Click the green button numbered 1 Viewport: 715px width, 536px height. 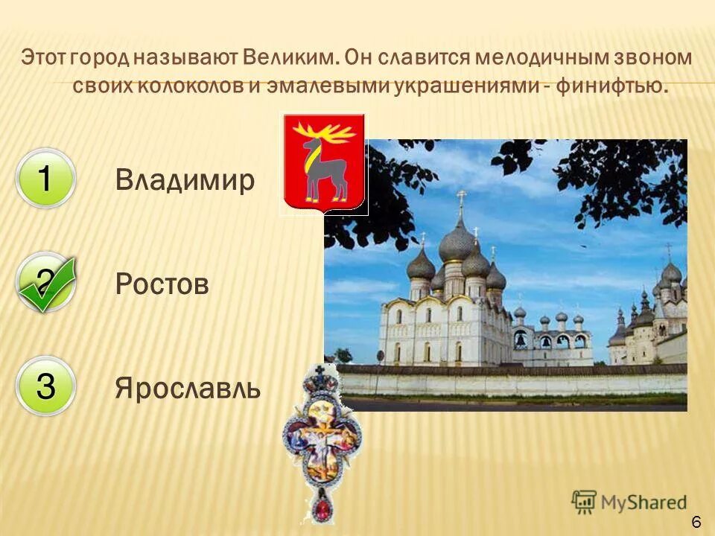[x=45, y=179]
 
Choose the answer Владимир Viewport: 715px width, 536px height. [x=185, y=180]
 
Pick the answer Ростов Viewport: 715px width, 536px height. [x=162, y=284]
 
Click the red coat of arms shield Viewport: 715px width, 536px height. [x=323, y=163]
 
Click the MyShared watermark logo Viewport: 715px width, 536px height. [x=629, y=502]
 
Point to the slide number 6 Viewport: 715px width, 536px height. [x=696, y=522]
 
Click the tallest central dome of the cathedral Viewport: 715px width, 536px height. [x=457, y=242]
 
